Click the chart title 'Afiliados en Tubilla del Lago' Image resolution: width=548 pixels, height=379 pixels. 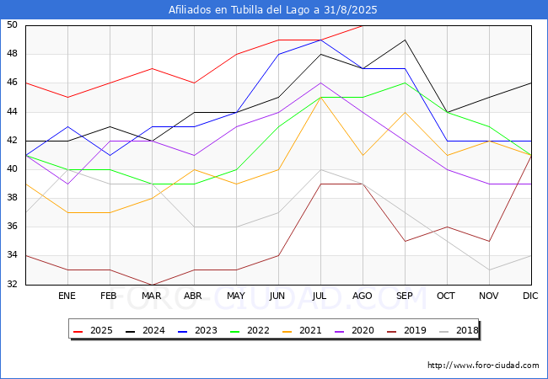[239, 10]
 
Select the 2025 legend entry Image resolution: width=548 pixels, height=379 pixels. [93, 330]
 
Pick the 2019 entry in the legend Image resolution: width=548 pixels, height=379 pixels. [406, 330]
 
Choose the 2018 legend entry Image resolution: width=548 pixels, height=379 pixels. [459, 330]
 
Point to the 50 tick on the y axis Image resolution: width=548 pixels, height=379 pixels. [12, 24]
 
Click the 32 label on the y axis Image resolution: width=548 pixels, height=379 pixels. [12, 284]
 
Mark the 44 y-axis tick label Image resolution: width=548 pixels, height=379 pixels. [12, 112]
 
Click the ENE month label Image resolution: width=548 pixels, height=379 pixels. [67, 296]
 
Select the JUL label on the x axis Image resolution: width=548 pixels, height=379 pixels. [320, 296]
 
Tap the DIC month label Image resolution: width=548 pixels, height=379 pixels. [530, 296]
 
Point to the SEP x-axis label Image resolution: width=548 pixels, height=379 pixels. [405, 296]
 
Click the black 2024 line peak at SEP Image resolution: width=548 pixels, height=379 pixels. [405, 40]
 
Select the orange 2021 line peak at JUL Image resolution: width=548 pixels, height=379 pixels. [321, 98]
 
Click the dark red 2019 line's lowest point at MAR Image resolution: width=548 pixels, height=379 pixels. [153, 285]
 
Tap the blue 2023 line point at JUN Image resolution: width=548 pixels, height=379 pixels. [278, 54]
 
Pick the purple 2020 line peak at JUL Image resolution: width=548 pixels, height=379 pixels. [321, 83]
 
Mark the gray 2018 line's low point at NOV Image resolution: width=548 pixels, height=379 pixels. [489, 270]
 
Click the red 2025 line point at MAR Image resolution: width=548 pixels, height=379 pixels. [153, 68]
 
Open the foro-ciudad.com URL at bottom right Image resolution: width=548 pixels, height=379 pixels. [483, 366]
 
